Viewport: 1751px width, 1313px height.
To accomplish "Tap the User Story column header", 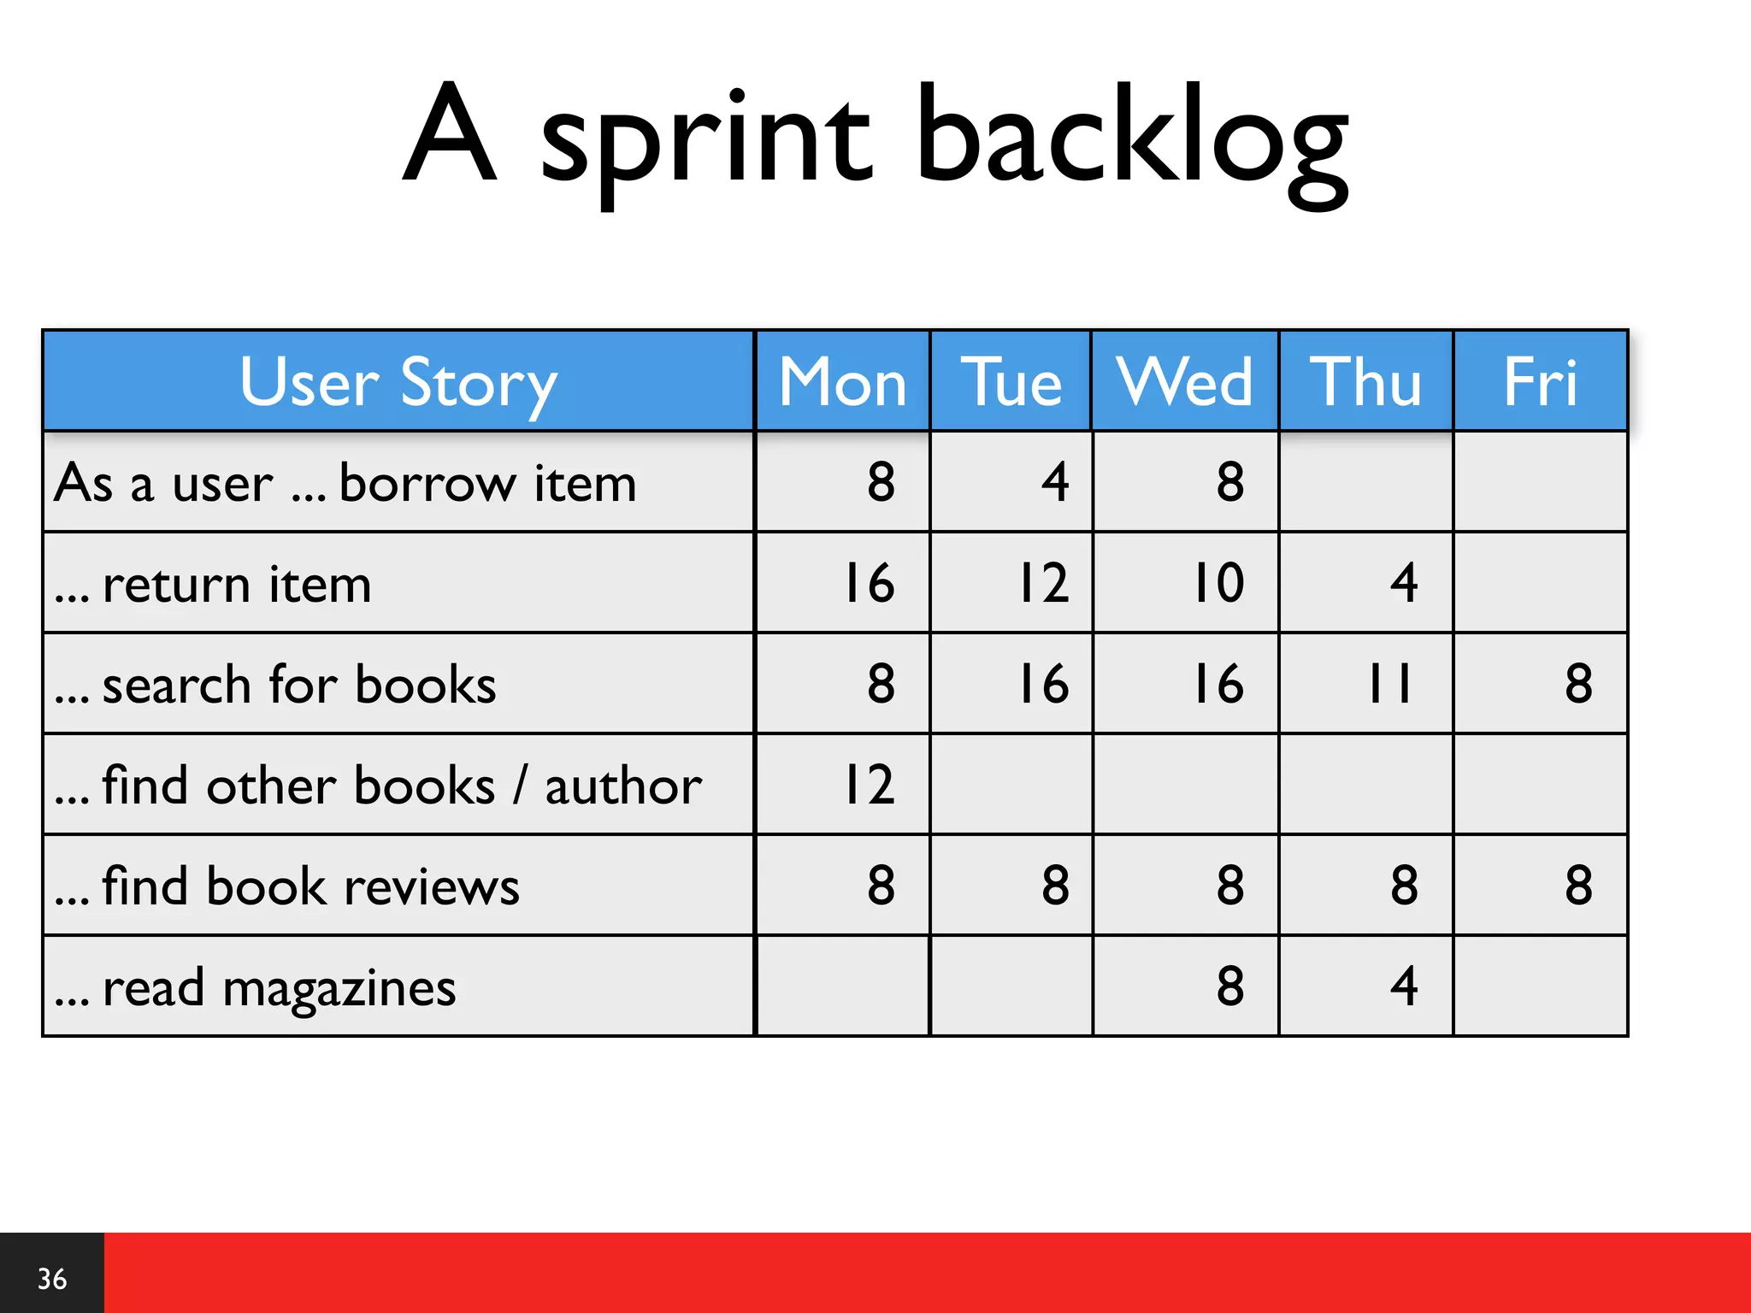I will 398,382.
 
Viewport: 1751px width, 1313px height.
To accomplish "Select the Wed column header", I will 1184,382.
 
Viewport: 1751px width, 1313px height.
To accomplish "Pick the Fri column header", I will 1540,382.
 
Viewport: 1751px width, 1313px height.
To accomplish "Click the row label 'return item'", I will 237,585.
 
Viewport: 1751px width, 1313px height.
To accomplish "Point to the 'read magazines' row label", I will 279,988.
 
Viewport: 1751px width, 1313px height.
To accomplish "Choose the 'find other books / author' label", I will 402,786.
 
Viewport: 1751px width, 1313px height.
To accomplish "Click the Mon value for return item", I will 869,584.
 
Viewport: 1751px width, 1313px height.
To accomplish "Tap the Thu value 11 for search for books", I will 1389,684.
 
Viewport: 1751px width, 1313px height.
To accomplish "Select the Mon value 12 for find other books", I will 869,785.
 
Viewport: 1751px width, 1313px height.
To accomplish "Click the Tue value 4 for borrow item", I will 1055,482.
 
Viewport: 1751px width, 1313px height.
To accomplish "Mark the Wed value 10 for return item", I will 1218,584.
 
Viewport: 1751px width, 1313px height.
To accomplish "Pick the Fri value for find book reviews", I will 1578,886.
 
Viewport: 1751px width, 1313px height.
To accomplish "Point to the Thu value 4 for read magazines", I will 1404,986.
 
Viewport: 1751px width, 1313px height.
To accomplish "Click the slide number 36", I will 52,1279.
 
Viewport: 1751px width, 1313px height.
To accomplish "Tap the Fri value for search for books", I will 1578,684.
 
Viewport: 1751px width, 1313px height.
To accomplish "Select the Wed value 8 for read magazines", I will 1229,986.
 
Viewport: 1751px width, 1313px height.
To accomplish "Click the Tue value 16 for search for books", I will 1043,684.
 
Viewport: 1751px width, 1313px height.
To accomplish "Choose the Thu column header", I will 1365,382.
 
